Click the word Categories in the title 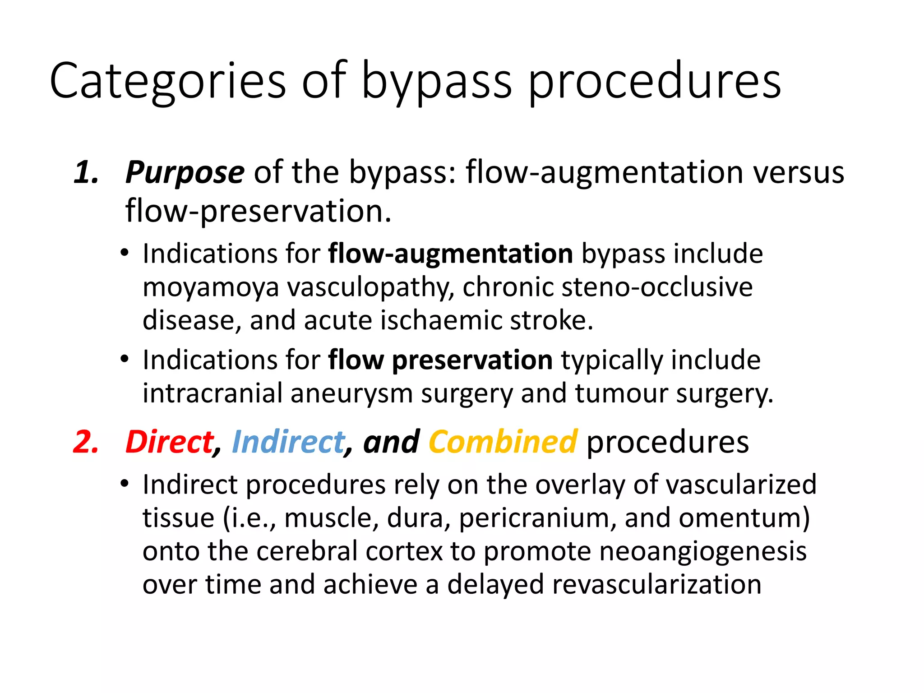(x=167, y=81)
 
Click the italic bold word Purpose (x=185, y=173)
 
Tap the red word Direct (x=170, y=442)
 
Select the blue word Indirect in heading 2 (x=288, y=442)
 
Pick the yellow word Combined (x=503, y=442)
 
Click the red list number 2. (x=86, y=442)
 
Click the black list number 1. (x=86, y=173)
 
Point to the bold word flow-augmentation (x=450, y=254)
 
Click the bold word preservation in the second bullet (x=472, y=360)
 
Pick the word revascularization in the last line (x=656, y=585)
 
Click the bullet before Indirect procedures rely (x=125, y=484)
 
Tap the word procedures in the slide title (x=654, y=81)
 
